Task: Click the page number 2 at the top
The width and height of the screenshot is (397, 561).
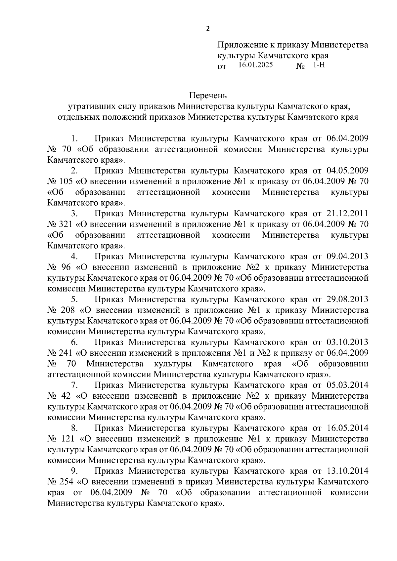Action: click(208, 28)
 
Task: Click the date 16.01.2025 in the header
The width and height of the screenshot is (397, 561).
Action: click(255, 65)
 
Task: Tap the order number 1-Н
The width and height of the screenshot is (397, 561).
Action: click(319, 65)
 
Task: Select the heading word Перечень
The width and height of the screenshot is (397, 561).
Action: click(208, 96)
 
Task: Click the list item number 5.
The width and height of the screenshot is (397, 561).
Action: click(74, 300)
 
